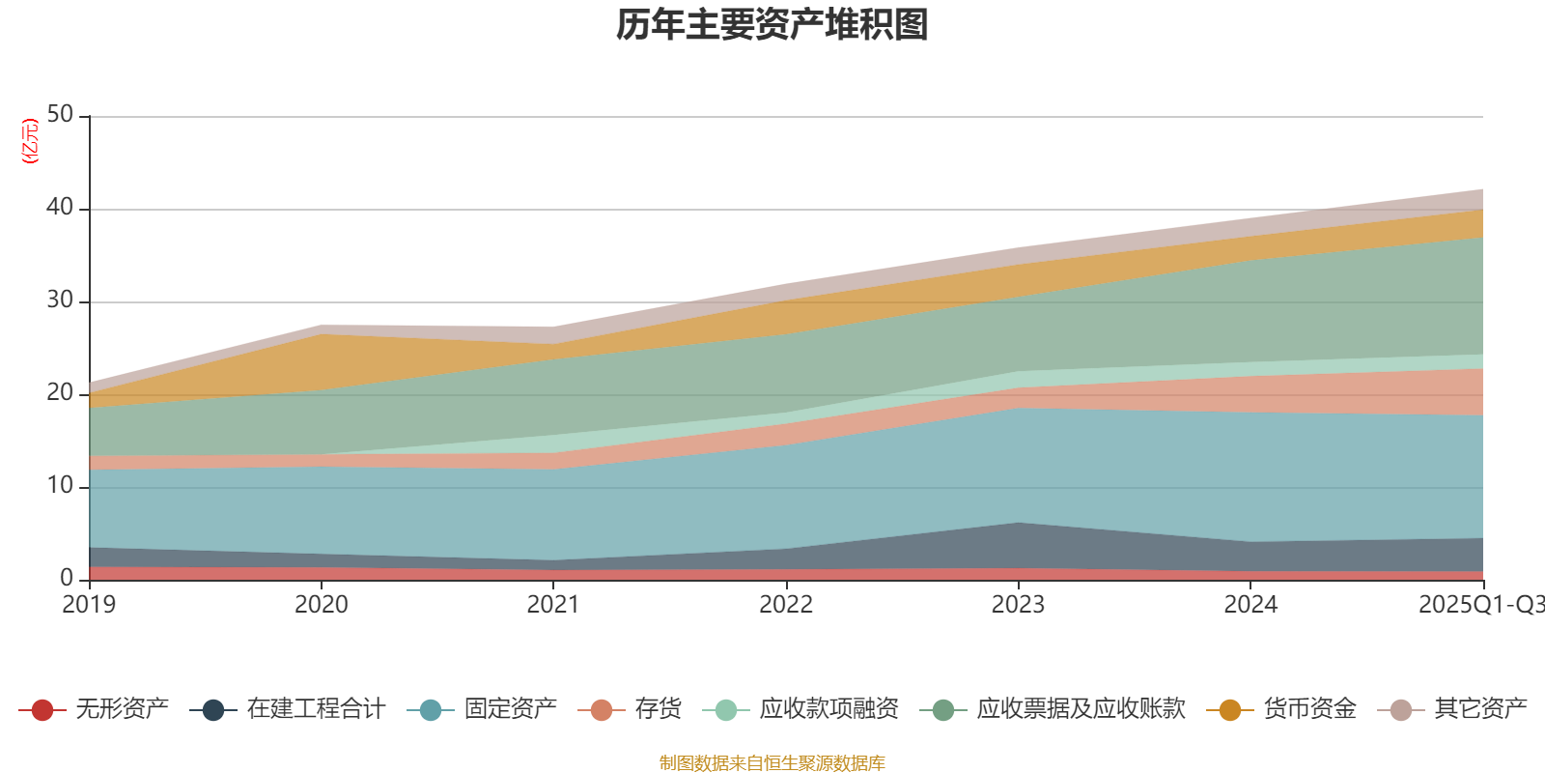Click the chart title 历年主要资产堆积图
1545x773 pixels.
click(772, 25)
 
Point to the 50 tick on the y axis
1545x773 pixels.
click(60, 114)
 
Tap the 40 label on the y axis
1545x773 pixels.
click(60, 207)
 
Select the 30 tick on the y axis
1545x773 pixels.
click(60, 300)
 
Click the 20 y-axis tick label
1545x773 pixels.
click(60, 392)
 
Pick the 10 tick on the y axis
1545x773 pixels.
click(60, 485)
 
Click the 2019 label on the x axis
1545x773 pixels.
click(89, 605)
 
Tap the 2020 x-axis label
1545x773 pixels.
click(322, 605)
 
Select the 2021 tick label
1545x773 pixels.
click(553, 605)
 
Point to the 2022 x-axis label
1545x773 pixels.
click(786, 605)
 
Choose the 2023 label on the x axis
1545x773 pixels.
click(1019, 605)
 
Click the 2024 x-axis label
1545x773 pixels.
click(1250, 605)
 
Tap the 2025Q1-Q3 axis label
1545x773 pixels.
click(1479, 605)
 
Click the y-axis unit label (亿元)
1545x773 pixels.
click(30, 141)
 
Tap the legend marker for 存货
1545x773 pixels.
click(602, 710)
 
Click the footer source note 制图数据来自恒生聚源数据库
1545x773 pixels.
click(772, 763)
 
